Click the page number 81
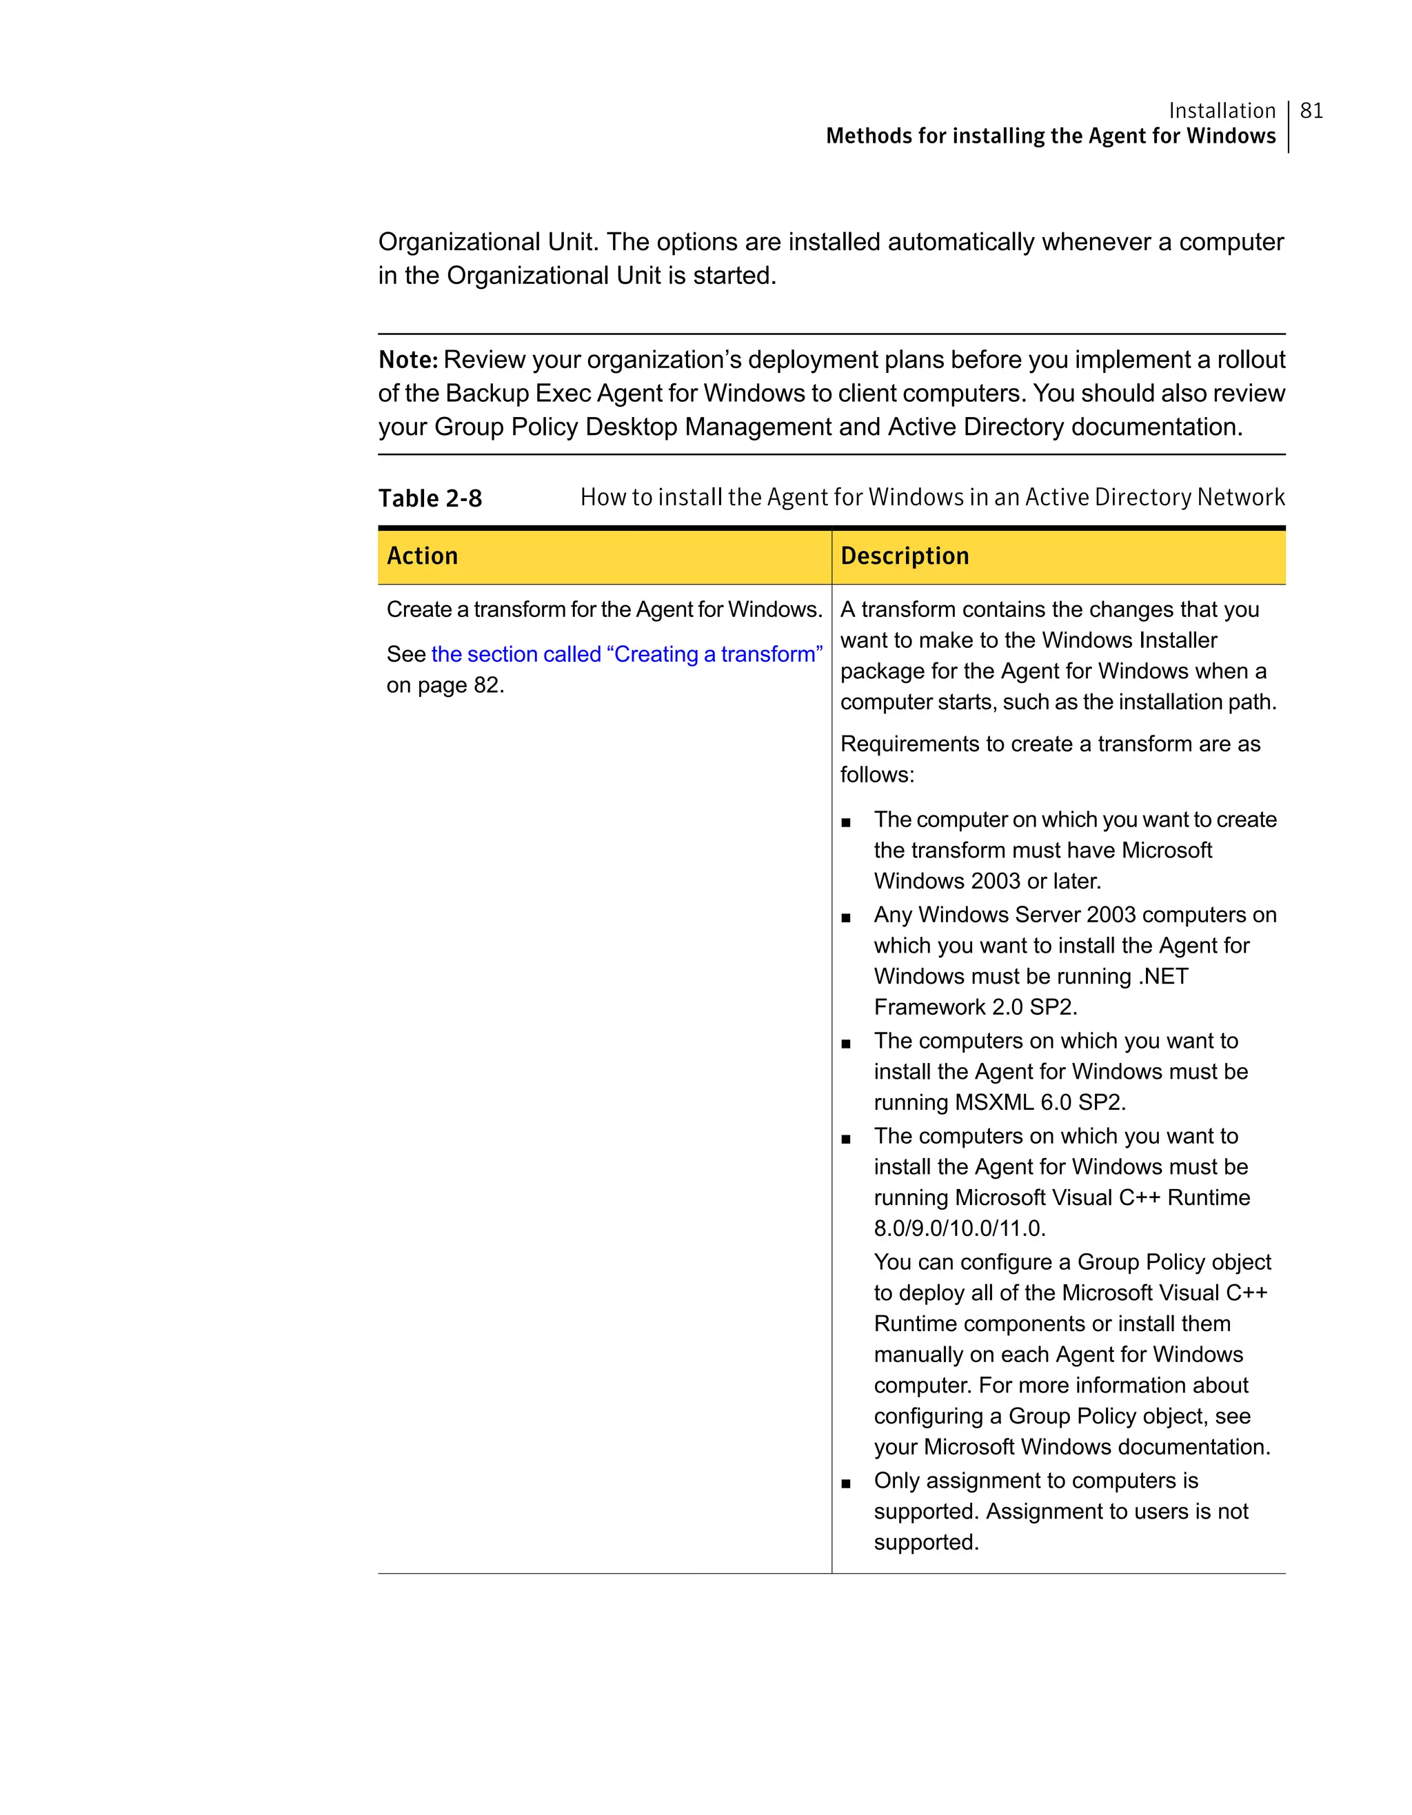[x=1311, y=110]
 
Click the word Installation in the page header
[x=1222, y=110]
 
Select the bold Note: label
[x=408, y=360]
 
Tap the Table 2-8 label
[x=430, y=498]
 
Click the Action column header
[x=422, y=556]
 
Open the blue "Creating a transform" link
[x=627, y=654]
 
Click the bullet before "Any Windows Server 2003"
[x=846, y=918]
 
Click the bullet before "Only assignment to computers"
[x=846, y=1483]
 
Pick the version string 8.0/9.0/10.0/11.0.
[x=959, y=1228]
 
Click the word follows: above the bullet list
[x=877, y=775]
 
